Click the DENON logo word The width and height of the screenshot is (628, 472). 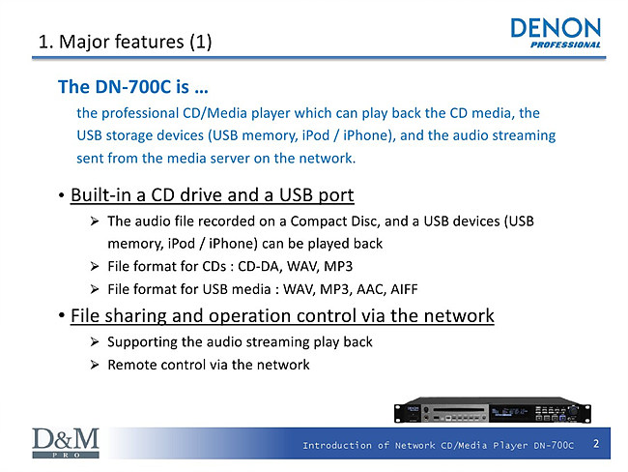pos(556,28)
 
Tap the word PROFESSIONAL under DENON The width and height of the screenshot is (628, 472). pos(565,44)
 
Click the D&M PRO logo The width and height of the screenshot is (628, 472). pos(66,443)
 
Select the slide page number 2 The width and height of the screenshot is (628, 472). pos(596,443)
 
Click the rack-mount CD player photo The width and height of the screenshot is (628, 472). pos(493,410)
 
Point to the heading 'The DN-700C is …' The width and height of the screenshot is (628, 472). pos(133,87)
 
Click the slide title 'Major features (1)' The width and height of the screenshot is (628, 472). pos(135,42)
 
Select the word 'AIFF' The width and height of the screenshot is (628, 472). pos(404,289)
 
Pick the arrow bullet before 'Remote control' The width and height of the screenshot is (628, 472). pos(95,365)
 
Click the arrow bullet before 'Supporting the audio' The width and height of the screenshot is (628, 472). pos(95,341)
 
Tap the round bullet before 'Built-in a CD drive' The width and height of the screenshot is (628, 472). pos(61,196)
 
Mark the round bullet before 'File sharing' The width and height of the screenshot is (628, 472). pos(61,315)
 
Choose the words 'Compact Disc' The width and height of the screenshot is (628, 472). pos(335,221)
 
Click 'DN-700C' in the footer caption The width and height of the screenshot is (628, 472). pos(554,445)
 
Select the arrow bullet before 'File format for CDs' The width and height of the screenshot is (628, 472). pos(95,266)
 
